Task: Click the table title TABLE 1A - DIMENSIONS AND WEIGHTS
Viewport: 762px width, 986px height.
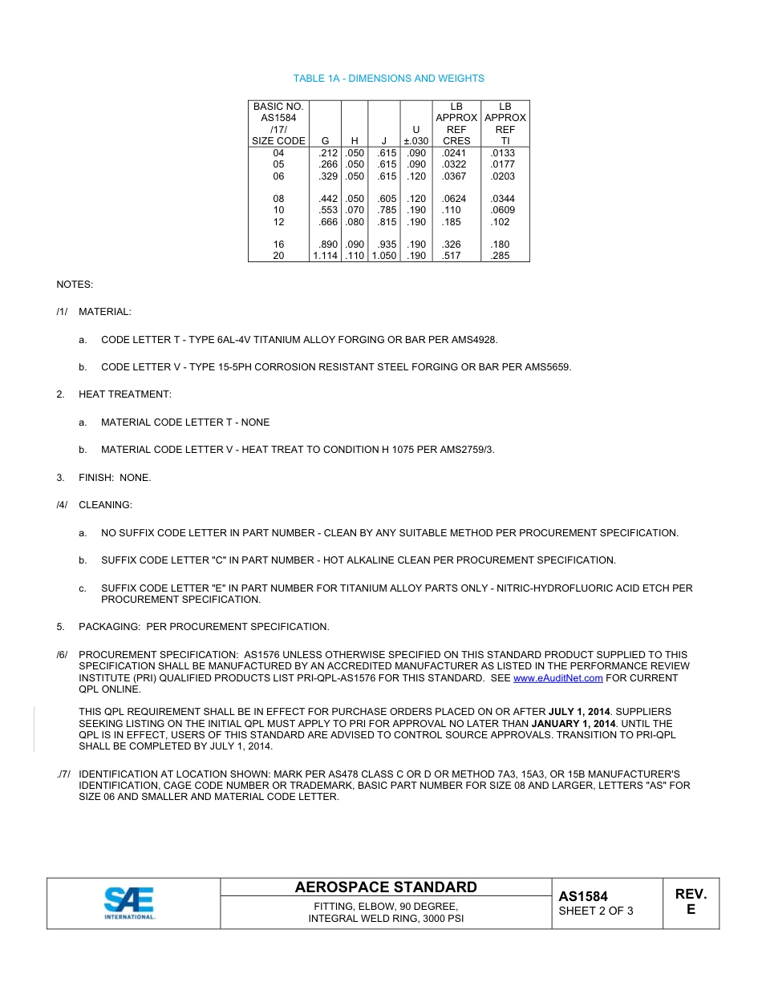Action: click(x=388, y=79)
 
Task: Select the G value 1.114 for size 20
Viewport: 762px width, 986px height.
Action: click(x=325, y=256)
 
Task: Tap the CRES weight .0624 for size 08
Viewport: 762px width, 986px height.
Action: click(x=454, y=199)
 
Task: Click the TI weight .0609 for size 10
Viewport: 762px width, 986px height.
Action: click(x=503, y=210)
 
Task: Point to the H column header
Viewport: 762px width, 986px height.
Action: click(x=355, y=140)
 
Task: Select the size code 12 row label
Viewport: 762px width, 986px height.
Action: click(x=278, y=222)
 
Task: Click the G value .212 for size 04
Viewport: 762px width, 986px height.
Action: click(x=328, y=152)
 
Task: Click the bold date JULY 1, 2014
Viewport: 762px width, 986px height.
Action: click(x=579, y=712)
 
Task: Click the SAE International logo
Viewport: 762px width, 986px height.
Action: click(x=130, y=903)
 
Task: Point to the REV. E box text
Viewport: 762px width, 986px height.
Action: click(x=691, y=902)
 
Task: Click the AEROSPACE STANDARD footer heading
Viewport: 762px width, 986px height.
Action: click(x=386, y=887)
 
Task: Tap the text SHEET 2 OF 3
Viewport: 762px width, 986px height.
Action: click(x=595, y=911)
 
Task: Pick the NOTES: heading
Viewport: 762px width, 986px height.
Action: click(x=75, y=285)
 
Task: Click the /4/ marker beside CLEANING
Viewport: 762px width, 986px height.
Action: click(x=62, y=505)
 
